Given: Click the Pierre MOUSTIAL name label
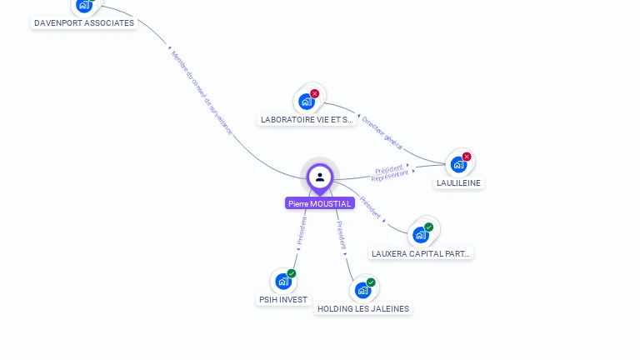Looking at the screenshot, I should pos(320,203).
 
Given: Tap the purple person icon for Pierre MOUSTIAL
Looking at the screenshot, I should pos(320,177).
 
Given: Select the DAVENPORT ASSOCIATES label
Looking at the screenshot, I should pos(83,23).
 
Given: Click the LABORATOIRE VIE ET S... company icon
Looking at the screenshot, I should pos(307,102).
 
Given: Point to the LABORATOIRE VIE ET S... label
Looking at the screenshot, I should pos(307,120).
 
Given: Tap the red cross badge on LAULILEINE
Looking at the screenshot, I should pos(467,157).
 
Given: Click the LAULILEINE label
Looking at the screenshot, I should pos(458,182).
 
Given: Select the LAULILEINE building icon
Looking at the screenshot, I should pos(457,165).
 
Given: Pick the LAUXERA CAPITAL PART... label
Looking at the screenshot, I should pos(421,253).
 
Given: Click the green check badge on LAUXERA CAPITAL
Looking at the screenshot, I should pos(429,227).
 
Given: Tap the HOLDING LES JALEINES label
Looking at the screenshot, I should pos(363,308).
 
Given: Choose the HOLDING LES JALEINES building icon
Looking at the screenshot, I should pos(362,290).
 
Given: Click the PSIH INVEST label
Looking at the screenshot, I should pos(283,299).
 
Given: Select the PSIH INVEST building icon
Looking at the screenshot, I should pos(282,282).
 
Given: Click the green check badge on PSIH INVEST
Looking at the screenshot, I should pos(292,273).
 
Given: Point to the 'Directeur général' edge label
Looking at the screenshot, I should pos(382,133).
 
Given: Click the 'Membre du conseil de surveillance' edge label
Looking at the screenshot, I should pos(201,92).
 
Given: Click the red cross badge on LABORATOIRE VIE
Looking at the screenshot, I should pos(315,93).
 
